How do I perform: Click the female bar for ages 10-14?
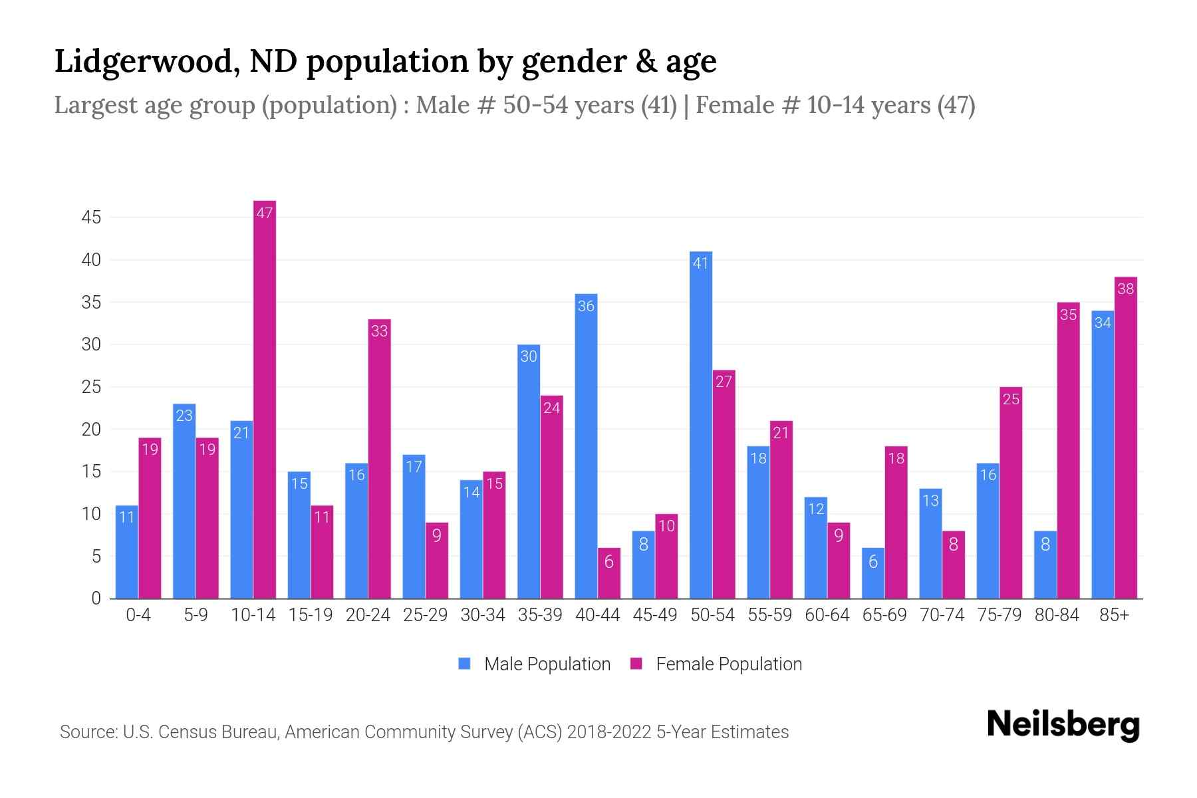click(x=265, y=399)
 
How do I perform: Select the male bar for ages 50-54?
click(x=701, y=426)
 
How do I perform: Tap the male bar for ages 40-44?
click(x=586, y=446)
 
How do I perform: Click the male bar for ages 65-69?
click(x=873, y=573)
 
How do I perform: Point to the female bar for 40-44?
click(x=609, y=573)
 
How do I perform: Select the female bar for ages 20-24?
click(x=379, y=459)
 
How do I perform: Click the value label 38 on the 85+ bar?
click(x=1126, y=289)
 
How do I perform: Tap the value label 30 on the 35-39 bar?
click(x=529, y=357)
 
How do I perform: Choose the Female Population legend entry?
click(x=716, y=664)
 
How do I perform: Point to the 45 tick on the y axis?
click(x=91, y=217)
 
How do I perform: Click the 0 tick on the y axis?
click(x=96, y=598)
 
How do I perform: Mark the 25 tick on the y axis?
click(x=91, y=387)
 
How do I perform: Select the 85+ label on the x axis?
click(x=1114, y=615)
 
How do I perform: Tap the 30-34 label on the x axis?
click(x=483, y=615)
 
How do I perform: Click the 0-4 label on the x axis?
click(x=138, y=615)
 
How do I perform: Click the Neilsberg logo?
click(x=1063, y=725)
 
